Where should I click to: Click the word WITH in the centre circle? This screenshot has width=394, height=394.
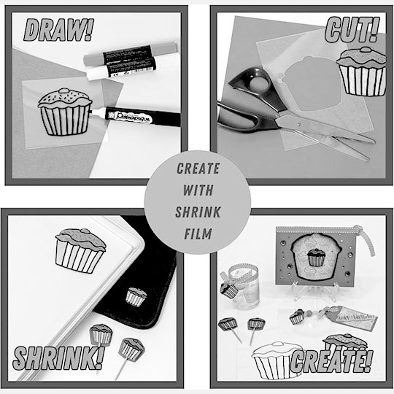click(198, 187)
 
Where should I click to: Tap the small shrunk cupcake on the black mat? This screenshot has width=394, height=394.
click(136, 295)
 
